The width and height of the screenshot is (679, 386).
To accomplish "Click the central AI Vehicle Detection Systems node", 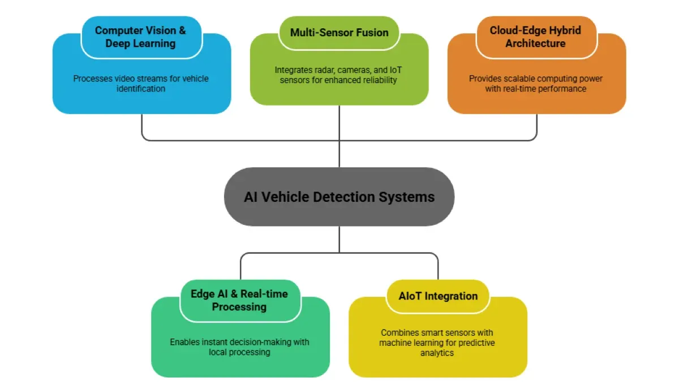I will (x=339, y=197).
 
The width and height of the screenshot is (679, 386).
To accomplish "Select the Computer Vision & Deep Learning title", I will (x=140, y=37).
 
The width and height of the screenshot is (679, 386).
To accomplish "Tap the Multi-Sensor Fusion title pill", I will (x=339, y=32).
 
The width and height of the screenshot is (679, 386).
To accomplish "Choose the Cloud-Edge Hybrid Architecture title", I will (x=535, y=37).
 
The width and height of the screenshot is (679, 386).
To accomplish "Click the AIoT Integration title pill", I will (x=437, y=296).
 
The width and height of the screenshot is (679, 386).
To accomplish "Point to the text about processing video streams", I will (x=141, y=84).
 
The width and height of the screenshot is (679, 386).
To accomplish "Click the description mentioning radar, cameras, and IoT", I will (x=339, y=75).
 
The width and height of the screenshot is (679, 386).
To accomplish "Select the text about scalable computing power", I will (x=536, y=84).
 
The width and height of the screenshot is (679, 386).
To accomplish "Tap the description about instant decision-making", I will (x=240, y=347).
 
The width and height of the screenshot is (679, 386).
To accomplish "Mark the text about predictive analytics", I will (x=437, y=342).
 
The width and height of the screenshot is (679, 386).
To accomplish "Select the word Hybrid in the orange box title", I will (x=564, y=31).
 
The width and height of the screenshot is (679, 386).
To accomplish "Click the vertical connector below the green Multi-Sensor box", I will (x=339, y=136).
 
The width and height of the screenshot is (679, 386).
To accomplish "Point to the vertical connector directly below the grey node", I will (x=339, y=238).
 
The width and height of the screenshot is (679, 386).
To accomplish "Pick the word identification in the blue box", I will (x=141, y=89).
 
